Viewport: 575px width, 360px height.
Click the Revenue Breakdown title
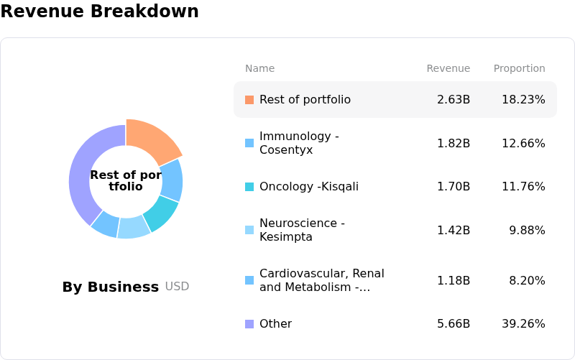(99, 11)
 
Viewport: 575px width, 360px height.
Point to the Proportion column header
(519, 68)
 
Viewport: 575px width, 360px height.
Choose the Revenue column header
(448, 68)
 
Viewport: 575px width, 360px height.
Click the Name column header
(259, 68)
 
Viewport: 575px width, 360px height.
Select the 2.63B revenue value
(454, 100)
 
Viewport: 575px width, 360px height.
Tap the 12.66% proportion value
(523, 143)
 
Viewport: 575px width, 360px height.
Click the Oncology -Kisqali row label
(309, 187)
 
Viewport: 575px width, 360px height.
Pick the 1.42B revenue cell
(454, 230)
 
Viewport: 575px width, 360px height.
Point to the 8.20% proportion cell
(527, 281)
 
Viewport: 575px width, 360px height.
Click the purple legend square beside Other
(249, 324)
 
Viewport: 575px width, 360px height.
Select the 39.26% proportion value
(523, 324)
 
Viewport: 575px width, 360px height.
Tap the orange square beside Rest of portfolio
(249, 100)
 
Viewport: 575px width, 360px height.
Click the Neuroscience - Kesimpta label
(302, 230)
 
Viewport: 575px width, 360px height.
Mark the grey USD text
(177, 286)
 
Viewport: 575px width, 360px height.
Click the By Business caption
(111, 287)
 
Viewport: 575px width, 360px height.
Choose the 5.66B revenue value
(454, 324)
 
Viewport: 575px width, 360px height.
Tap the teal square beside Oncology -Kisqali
(249, 187)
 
